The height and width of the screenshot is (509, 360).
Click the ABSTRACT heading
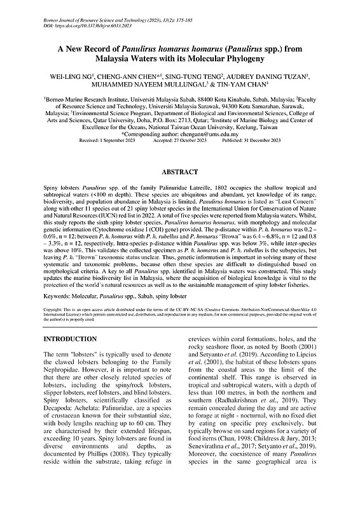[180, 154]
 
